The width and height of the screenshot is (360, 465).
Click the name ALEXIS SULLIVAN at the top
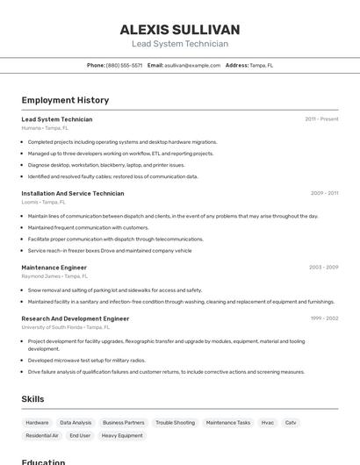(180, 30)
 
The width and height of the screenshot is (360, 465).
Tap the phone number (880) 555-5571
(124, 65)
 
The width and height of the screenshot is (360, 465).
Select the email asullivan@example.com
(192, 65)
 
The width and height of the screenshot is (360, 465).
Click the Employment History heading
(65, 100)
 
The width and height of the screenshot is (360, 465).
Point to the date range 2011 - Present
(321, 119)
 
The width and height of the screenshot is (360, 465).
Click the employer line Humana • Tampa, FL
(44, 128)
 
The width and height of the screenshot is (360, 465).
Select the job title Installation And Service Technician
(73, 193)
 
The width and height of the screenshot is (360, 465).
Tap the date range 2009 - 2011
(324, 193)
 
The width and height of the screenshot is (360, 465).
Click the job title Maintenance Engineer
(54, 267)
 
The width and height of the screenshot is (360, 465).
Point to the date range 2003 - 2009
(323, 267)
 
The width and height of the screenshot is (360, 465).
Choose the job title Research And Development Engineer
(76, 318)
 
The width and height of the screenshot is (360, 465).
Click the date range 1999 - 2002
(324, 318)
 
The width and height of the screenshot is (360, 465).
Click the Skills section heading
(32, 399)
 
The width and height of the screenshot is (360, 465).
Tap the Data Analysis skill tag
(76, 422)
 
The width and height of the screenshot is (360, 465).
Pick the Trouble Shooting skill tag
(175, 422)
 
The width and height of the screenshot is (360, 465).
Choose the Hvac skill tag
(268, 422)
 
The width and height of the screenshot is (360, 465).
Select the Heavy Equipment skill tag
(122, 435)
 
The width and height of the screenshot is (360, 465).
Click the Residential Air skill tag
(42, 435)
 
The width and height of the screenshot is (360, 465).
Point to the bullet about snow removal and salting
(114, 290)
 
